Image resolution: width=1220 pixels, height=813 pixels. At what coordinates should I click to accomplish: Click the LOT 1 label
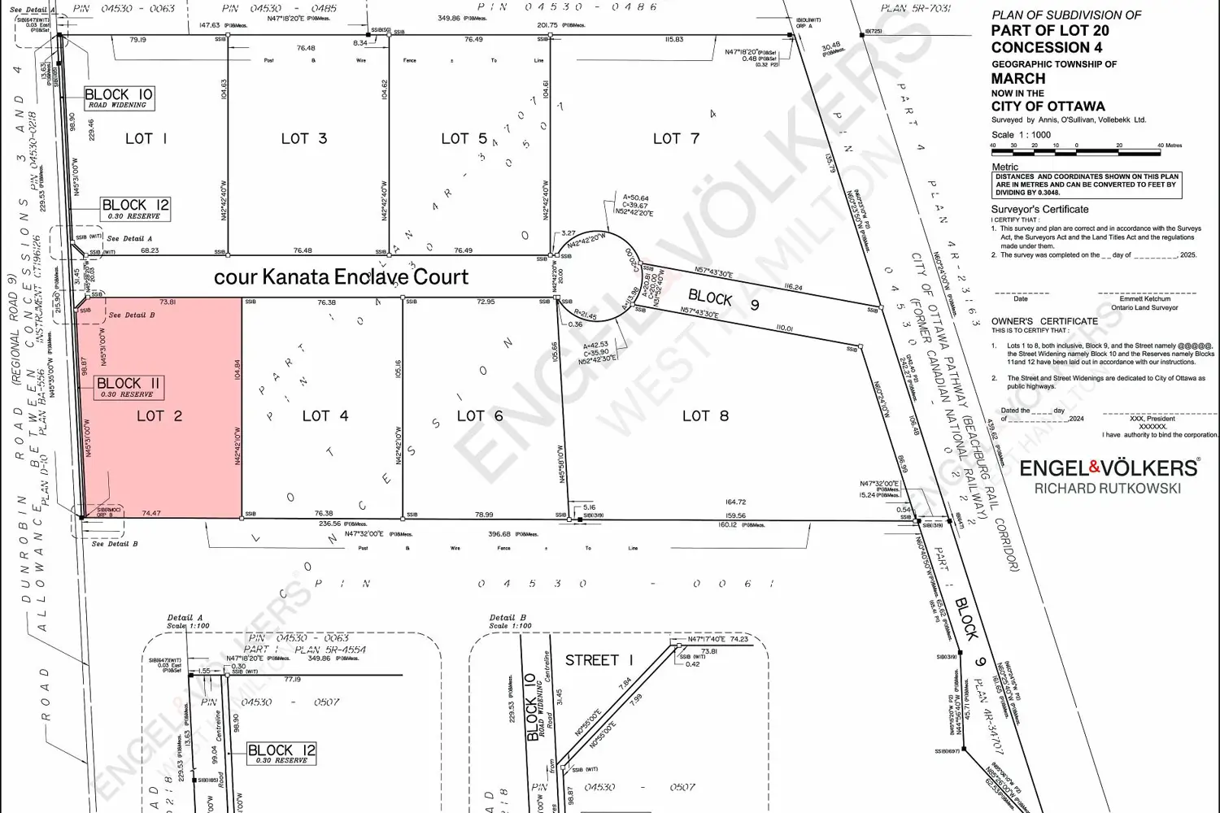(146, 138)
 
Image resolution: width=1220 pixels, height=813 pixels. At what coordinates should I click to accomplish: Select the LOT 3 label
(304, 138)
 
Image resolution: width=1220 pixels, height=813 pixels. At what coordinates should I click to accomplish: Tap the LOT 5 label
(464, 139)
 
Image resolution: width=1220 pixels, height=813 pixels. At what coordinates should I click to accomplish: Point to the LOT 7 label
(676, 138)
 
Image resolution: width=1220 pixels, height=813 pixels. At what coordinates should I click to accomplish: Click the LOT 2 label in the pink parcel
(159, 415)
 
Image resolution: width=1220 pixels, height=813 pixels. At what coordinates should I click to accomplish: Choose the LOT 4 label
(325, 415)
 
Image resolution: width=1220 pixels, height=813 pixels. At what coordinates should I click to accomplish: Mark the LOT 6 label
(480, 415)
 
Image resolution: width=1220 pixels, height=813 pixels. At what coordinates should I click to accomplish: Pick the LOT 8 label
(705, 415)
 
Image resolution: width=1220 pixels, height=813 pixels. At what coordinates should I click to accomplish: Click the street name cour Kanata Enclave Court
(342, 277)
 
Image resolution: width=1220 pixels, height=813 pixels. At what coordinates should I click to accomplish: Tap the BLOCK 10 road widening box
(119, 98)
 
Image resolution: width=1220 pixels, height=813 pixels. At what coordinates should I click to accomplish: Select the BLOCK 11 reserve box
(129, 387)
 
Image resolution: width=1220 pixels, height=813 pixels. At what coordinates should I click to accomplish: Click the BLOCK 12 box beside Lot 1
(135, 209)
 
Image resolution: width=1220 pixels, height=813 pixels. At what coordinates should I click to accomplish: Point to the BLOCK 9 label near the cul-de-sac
(724, 300)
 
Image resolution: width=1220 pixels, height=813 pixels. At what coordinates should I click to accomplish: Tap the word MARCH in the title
(1018, 79)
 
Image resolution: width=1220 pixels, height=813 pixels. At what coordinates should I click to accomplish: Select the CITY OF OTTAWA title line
(1048, 107)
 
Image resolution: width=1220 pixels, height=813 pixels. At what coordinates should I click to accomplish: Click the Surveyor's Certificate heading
(1039, 210)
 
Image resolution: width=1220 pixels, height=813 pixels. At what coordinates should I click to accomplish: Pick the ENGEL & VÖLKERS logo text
(1109, 467)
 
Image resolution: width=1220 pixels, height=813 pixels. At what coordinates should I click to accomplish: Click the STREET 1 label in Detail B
(599, 660)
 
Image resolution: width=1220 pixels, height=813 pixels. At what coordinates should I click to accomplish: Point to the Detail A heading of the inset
(185, 618)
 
